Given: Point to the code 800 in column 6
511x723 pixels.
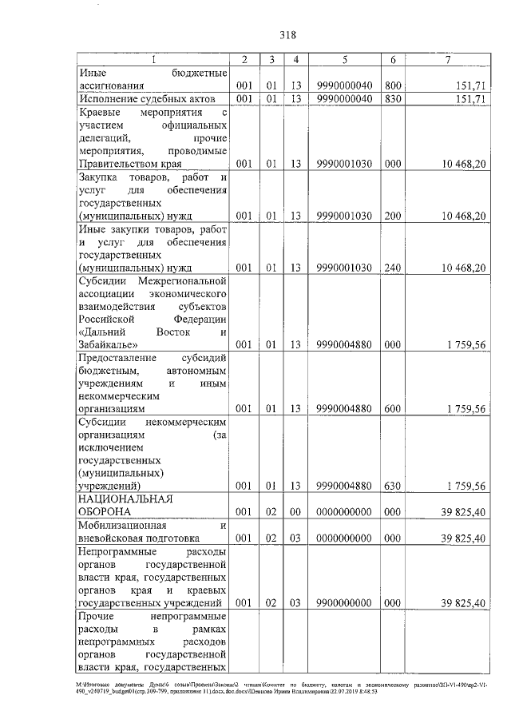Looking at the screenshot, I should (x=393, y=85).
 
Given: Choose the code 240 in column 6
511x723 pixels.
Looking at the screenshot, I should (x=393, y=268).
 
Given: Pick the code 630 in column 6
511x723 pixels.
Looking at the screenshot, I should (x=393, y=485).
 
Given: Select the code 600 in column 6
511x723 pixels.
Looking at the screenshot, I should (x=393, y=408).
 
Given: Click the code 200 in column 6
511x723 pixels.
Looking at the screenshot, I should (x=393, y=216).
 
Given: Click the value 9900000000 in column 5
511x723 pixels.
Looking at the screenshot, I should (x=343, y=602).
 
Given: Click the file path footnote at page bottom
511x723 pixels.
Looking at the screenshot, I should (x=255, y=688).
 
